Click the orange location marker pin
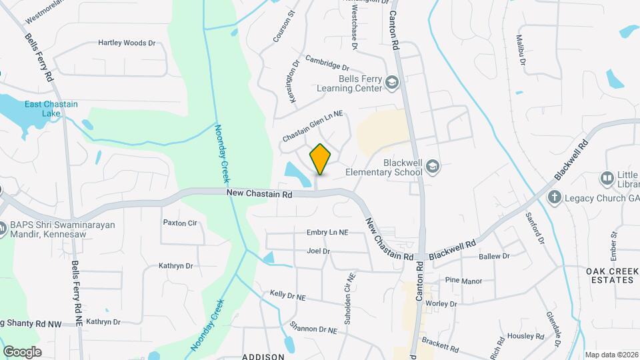click(320, 158)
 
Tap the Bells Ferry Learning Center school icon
click(391, 83)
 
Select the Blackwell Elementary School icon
click(433, 166)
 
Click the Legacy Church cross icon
click(553, 197)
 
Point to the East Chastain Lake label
click(51, 109)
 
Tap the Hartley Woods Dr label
click(127, 43)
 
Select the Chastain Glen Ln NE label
click(312, 125)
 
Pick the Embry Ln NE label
click(327, 232)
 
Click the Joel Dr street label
click(318, 251)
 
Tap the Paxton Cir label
click(180, 223)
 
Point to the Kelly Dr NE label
click(287, 295)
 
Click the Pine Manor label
click(463, 281)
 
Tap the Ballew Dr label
click(494, 256)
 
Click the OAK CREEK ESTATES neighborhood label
click(610, 275)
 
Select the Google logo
click(22, 351)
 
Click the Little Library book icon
click(607, 178)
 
